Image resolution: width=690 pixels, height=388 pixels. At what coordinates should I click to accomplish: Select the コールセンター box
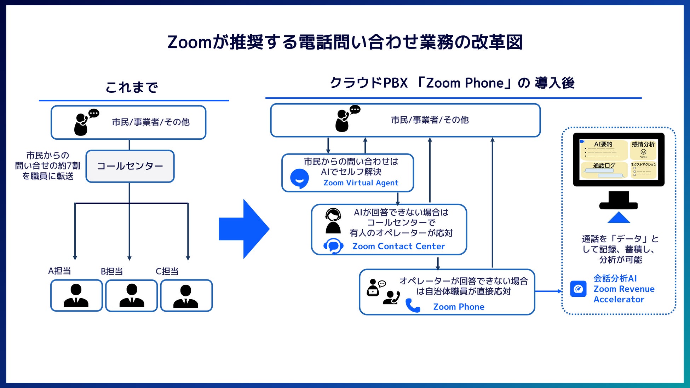click(x=130, y=166)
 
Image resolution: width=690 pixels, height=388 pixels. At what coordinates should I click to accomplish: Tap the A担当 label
click(x=59, y=271)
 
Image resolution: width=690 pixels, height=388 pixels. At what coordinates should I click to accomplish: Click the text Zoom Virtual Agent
click(x=361, y=183)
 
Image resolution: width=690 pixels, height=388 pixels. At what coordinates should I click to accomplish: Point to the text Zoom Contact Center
click(x=398, y=246)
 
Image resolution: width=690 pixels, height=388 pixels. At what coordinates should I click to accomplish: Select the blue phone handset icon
click(x=413, y=306)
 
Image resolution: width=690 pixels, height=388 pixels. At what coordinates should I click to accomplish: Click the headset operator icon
click(x=333, y=221)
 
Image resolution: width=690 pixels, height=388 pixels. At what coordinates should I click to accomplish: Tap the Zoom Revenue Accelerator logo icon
click(x=578, y=289)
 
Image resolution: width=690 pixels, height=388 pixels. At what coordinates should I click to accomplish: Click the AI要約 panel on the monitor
click(x=603, y=150)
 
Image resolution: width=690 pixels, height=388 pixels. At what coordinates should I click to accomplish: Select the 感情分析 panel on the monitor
click(x=643, y=149)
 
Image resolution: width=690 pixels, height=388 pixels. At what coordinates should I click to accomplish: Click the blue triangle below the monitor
click(x=619, y=218)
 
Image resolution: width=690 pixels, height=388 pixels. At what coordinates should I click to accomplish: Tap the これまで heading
click(x=132, y=87)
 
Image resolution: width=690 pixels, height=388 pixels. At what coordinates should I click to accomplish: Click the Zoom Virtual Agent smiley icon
click(x=299, y=178)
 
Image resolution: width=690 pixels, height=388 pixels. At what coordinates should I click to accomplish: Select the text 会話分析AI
click(x=615, y=278)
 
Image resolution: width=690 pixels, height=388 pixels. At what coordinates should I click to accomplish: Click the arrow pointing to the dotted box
click(x=548, y=291)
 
